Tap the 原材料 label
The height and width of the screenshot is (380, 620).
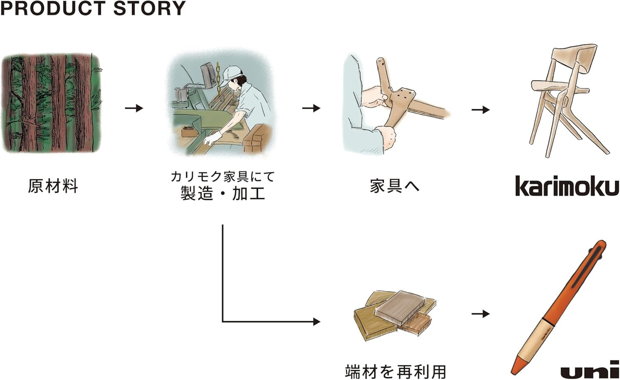tap(53, 186)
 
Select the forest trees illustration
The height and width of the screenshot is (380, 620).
tap(51, 103)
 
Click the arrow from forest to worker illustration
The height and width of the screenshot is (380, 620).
tap(134, 108)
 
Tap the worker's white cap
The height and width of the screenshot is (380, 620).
tap(232, 72)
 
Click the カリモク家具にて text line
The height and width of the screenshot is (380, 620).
tap(223, 176)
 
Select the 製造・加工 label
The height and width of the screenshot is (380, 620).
tap(223, 193)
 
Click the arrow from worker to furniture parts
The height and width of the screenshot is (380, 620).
tap(311, 108)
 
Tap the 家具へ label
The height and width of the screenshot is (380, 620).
tap(394, 186)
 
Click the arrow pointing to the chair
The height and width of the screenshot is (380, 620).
tap(481, 110)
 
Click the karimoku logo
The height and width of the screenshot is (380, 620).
tap(567, 186)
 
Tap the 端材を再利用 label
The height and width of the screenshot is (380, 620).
tap(395, 371)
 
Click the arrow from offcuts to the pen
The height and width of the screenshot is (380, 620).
tap(481, 314)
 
